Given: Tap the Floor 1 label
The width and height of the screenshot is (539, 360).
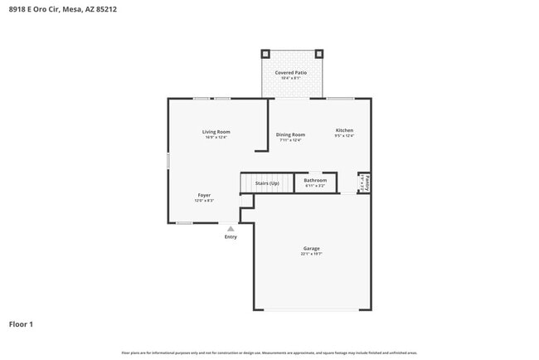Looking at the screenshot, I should [x=22, y=324].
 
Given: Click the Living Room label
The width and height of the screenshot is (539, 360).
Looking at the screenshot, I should [x=216, y=132].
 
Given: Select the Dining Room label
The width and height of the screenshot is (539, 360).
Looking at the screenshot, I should [x=290, y=134].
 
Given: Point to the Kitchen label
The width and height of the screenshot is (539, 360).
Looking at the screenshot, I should [x=344, y=130].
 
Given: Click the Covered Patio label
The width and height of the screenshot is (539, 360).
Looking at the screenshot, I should [x=290, y=73].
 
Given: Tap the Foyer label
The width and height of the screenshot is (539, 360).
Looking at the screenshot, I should [x=204, y=195].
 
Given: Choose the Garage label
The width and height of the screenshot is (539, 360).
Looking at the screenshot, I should [x=311, y=248].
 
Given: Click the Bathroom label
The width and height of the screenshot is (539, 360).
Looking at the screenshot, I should [x=315, y=180].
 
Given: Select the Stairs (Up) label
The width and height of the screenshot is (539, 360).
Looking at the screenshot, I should [x=266, y=182].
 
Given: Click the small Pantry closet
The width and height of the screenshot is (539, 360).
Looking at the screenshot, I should [x=364, y=182].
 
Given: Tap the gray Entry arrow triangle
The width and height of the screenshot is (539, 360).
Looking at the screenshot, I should [x=231, y=228].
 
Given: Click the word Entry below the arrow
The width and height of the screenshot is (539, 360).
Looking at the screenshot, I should [x=231, y=237].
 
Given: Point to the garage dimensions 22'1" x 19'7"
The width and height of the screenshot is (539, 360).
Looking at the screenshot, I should [x=311, y=254].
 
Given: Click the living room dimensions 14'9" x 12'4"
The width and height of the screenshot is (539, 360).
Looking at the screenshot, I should [x=216, y=138].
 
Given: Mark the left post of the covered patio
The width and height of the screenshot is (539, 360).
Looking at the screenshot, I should [x=265, y=53].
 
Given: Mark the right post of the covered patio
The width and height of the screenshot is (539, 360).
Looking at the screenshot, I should [x=318, y=53].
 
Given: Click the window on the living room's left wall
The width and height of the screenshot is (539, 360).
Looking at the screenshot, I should [x=168, y=161].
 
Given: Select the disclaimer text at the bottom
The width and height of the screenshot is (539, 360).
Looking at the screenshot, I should [x=269, y=353].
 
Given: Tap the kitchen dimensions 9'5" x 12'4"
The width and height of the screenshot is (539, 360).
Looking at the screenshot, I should [x=344, y=136].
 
